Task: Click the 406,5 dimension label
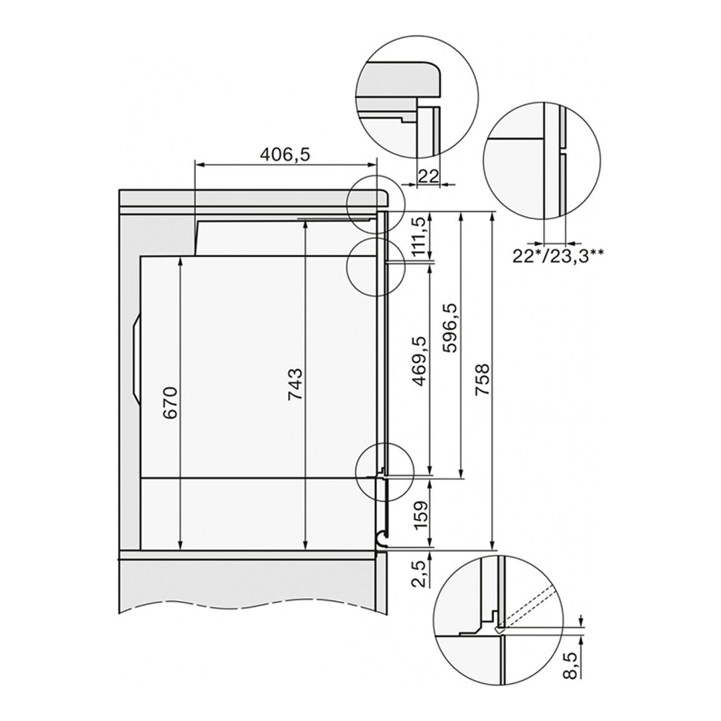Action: coord(285,155)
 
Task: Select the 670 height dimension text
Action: coord(171,403)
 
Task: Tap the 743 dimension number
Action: coord(295,384)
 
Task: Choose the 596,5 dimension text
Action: coord(449,327)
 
